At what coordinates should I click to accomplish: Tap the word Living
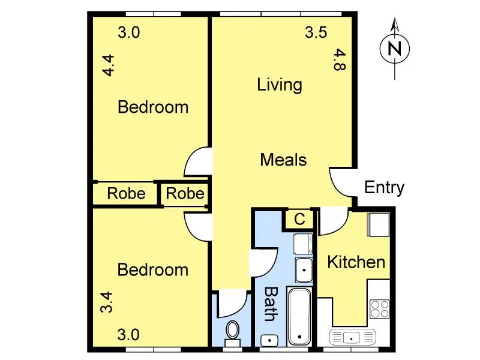pyautogui.click(x=279, y=85)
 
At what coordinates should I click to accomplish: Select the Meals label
pyautogui.click(x=283, y=160)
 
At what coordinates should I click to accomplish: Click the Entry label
pyautogui.click(x=384, y=188)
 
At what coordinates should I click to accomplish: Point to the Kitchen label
pyautogui.click(x=356, y=262)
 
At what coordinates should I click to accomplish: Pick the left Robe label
pyautogui.click(x=126, y=194)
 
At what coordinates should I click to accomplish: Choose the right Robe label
pyautogui.click(x=185, y=194)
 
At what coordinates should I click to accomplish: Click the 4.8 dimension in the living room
pyautogui.click(x=340, y=60)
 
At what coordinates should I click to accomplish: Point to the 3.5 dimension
pyautogui.click(x=316, y=33)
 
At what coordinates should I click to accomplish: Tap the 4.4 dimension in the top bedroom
pyautogui.click(x=108, y=65)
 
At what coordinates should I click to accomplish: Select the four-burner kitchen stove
pyautogui.click(x=379, y=308)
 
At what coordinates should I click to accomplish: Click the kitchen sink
pyautogui.click(x=352, y=337)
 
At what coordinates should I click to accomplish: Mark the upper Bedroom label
pyautogui.click(x=153, y=107)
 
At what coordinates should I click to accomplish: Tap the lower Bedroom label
pyautogui.click(x=153, y=270)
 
